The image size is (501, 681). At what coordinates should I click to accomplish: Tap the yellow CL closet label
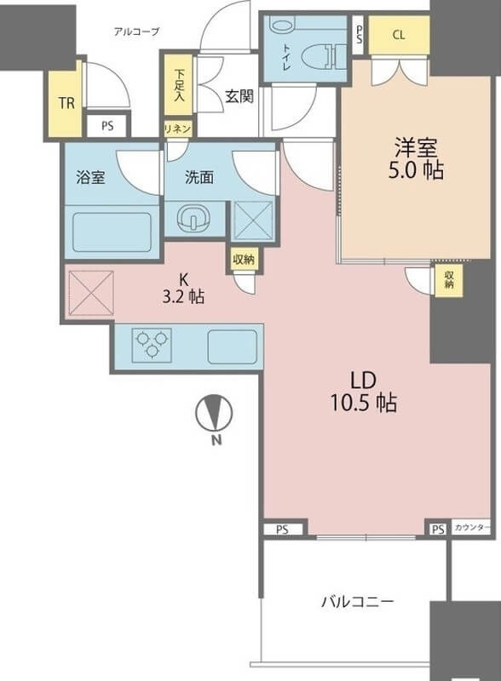pyautogui.click(x=399, y=35)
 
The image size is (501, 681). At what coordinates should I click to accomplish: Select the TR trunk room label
pyautogui.click(x=66, y=103)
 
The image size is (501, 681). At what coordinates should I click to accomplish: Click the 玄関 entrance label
pyautogui.click(x=239, y=96)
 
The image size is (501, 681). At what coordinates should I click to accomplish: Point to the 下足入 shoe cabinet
pyautogui.click(x=178, y=84)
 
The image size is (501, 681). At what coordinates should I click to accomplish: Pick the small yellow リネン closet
pyautogui.click(x=177, y=129)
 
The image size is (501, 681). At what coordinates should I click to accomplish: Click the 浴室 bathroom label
pyautogui.click(x=91, y=177)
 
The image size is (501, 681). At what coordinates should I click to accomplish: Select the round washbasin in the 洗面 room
pyautogui.click(x=193, y=217)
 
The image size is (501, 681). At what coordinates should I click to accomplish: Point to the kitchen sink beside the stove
pyautogui.click(x=233, y=346)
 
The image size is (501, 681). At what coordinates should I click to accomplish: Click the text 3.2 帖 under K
pyautogui.click(x=183, y=297)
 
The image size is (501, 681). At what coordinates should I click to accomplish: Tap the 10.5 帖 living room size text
pyautogui.click(x=364, y=403)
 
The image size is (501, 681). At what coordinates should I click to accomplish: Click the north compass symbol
pyautogui.click(x=215, y=420)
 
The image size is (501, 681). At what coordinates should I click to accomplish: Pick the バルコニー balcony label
pyautogui.click(x=358, y=602)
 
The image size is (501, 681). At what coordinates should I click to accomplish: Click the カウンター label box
pyautogui.click(x=471, y=528)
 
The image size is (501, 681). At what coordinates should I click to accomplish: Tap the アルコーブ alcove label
pyautogui.click(x=136, y=31)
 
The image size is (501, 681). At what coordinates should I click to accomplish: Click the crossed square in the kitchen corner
pyautogui.click(x=91, y=293)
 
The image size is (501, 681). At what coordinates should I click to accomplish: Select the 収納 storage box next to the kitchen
pyautogui.click(x=243, y=260)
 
